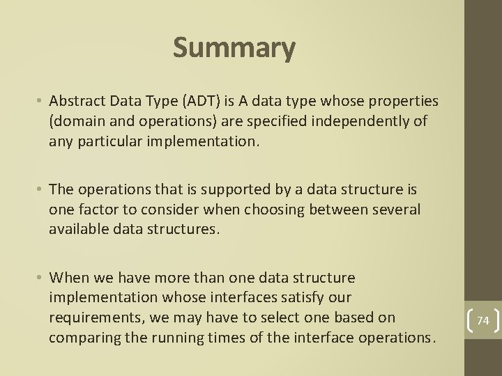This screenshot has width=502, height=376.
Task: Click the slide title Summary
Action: pyautogui.click(x=234, y=48)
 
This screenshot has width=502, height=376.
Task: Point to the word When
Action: pyautogui.click(x=70, y=278)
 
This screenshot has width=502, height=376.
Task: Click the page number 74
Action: pyautogui.click(x=483, y=320)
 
